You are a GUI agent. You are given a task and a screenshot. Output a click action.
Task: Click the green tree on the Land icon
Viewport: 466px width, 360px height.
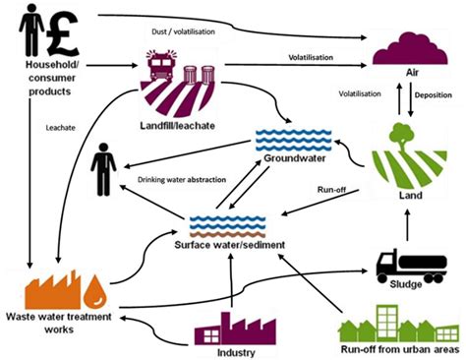pos(403,135)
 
